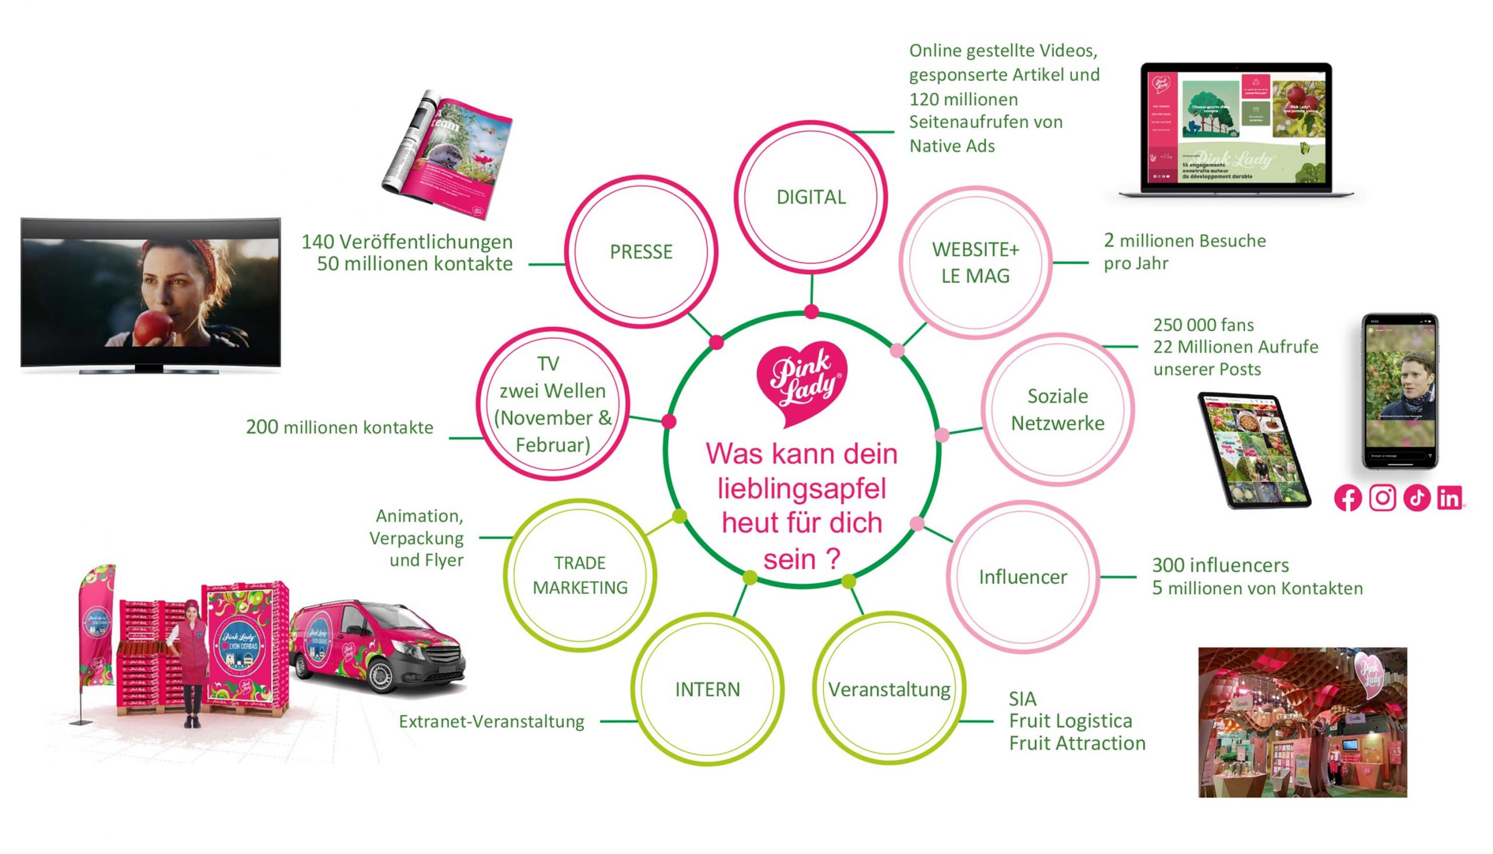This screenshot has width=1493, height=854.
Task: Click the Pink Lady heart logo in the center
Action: click(802, 382)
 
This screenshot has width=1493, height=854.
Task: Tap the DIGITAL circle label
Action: click(811, 197)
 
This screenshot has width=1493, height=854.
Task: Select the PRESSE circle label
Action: click(641, 251)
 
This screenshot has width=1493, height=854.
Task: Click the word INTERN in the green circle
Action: click(707, 689)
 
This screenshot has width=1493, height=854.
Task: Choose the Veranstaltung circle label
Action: click(889, 689)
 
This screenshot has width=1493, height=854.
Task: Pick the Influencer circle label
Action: click(1023, 577)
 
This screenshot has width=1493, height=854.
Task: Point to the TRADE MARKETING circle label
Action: click(580, 575)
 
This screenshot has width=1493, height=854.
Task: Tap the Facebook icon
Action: click(1348, 499)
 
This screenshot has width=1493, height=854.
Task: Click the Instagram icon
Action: click(1382, 499)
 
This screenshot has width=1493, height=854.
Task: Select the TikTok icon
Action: click(1417, 499)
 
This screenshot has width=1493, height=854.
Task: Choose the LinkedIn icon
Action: click(1450, 499)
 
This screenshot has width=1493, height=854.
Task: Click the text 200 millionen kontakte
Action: click(339, 427)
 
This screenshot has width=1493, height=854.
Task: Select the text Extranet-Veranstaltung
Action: click(492, 722)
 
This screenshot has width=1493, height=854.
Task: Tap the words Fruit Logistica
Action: click(1070, 721)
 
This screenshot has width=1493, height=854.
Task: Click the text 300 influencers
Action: click(1220, 565)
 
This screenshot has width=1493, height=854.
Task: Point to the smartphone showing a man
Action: click(1400, 391)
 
